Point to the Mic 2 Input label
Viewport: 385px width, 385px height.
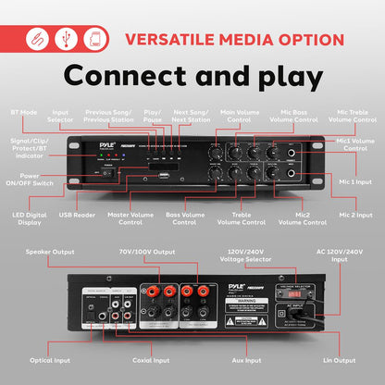[x=354, y=216]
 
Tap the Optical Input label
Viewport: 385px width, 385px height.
[x=50, y=359]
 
